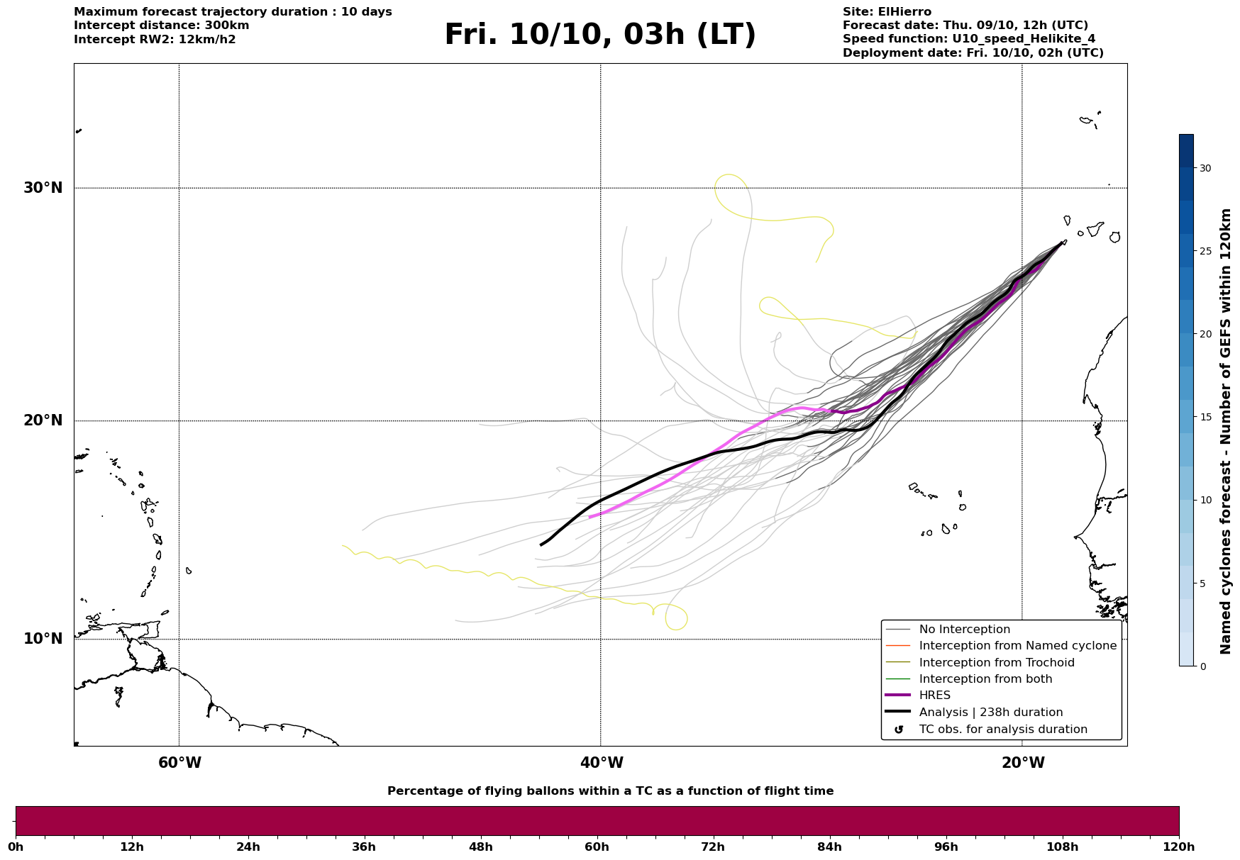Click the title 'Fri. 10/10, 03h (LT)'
600,35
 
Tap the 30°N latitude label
43,188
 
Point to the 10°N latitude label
43,639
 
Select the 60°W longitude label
179,763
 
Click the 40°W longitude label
601,763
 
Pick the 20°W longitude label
1022,763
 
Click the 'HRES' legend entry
934,696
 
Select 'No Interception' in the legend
964,630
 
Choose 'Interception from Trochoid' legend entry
996,663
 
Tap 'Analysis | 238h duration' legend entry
990,713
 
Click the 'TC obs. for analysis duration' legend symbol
899,730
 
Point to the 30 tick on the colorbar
1205,168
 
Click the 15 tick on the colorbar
1205,417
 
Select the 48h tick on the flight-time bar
481,847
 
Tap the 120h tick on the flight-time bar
1179,847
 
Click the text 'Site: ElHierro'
887,12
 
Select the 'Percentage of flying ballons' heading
610,791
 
